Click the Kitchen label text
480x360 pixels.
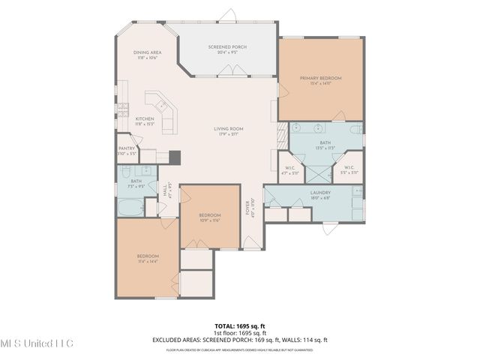coord(144,121)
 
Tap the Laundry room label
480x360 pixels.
coord(320,194)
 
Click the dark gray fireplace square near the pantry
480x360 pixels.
coord(174,157)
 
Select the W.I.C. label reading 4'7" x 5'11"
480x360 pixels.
coord(289,170)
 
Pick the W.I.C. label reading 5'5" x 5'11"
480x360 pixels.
coord(349,170)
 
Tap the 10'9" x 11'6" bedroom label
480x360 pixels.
coord(208,216)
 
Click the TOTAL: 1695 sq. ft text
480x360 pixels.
coord(239,325)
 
